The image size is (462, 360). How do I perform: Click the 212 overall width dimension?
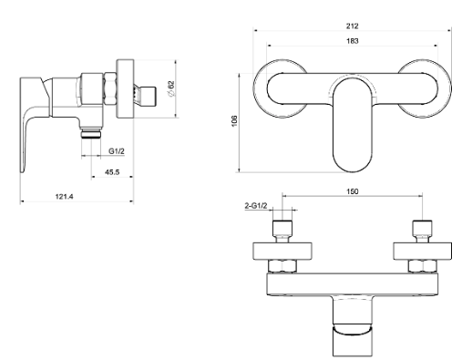click(352, 26)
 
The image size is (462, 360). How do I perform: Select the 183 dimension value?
click(352, 41)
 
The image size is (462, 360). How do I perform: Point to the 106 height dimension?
click(234, 121)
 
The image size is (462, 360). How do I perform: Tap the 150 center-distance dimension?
click(352, 191)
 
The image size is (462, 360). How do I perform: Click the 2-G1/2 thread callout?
click(256, 206)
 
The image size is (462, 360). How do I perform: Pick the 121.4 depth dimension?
click(64, 197)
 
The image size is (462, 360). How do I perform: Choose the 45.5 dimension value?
click(112, 172)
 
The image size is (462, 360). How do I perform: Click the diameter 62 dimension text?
click(171, 88)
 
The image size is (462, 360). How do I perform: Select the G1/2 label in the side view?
click(117, 151)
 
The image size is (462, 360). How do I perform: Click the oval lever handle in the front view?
click(353, 125)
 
